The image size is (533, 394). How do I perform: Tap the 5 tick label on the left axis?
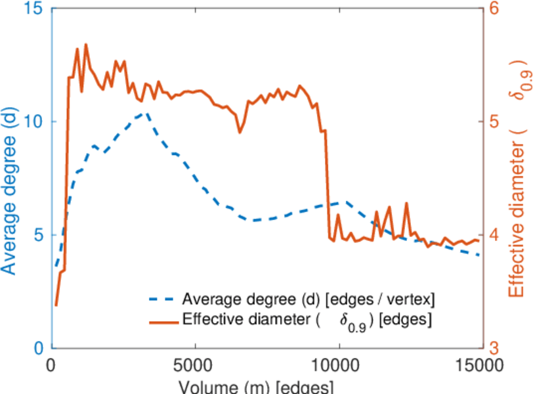point(38,235)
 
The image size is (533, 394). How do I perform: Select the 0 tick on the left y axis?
point(38,348)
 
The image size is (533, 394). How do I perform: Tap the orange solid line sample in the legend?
point(162,321)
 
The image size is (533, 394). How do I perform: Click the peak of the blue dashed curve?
point(146,112)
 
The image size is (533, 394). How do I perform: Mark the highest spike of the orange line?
point(86,45)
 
